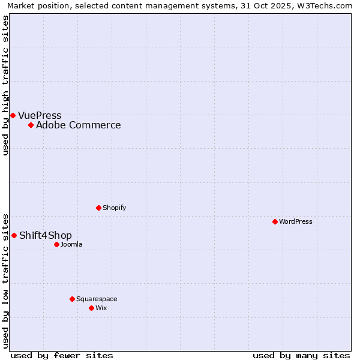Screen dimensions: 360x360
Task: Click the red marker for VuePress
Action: coord(13,115)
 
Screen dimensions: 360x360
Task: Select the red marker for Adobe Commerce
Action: coord(31,125)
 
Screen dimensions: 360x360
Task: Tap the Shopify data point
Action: coord(98,208)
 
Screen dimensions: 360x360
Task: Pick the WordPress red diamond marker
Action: coord(275,221)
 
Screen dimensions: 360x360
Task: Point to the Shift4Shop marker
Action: coord(14,235)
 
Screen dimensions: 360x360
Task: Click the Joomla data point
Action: coord(56,244)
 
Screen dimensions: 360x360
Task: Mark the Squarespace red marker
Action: coord(72,299)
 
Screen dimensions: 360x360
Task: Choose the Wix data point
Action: coord(91,308)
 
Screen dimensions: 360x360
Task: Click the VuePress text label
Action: coord(40,115)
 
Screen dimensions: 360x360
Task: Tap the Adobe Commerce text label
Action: coord(78,125)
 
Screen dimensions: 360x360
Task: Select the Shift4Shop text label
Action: coord(46,235)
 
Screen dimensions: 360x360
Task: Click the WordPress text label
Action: coord(296,221)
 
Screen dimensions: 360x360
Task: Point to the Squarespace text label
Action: coord(97,299)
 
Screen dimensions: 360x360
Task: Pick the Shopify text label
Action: coord(114,208)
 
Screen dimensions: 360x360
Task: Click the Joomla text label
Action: coord(71,244)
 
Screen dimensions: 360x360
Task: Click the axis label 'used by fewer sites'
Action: coord(62,355)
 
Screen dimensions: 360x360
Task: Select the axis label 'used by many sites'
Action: coord(301,355)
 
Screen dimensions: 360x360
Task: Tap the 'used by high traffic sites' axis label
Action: coord(5,85)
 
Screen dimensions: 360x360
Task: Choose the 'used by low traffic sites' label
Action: coord(5,281)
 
